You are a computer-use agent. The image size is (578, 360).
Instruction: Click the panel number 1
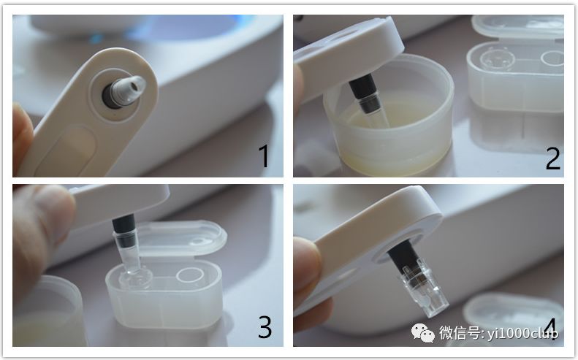[263, 156]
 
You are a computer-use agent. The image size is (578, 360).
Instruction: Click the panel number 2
[553, 158]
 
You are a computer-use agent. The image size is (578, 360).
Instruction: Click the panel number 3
[265, 327]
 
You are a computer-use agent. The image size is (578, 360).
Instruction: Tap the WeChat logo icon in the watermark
[423, 333]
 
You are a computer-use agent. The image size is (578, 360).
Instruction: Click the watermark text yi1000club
[522, 333]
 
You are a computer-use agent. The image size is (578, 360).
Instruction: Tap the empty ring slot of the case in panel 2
[552, 58]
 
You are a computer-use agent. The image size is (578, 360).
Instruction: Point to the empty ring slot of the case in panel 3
[190, 275]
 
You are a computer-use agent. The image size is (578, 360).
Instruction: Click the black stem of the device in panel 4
[403, 257]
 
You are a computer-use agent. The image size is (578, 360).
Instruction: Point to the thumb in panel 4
[307, 269]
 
